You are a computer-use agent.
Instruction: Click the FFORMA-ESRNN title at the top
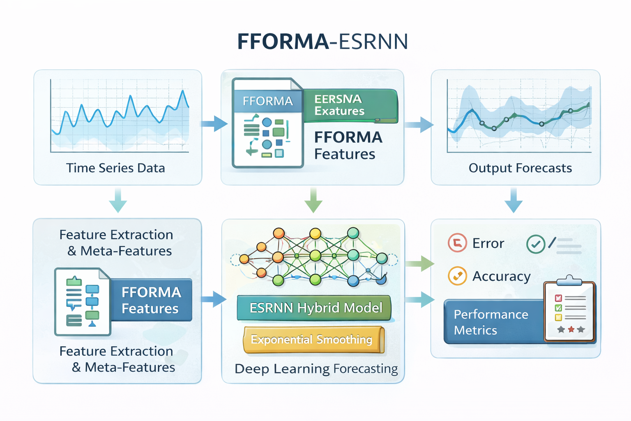pyautogui.click(x=322, y=42)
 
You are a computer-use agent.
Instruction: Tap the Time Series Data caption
pyautogui.click(x=115, y=168)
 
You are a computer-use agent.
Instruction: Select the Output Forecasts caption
pyautogui.click(x=520, y=168)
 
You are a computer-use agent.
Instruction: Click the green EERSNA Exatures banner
pyautogui.click(x=350, y=105)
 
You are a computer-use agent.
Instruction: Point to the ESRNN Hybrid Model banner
pyautogui.click(x=315, y=308)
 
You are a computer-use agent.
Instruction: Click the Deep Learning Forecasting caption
pyautogui.click(x=316, y=369)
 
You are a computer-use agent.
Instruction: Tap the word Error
pyautogui.click(x=488, y=243)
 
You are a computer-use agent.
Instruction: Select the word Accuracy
pyautogui.click(x=501, y=276)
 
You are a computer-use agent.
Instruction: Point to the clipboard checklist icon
pyautogui.click(x=569, y=310)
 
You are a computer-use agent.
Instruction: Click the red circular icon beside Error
pyautogui.click(x=457, y=243)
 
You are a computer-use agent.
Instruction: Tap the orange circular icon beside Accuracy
pyautogui.click(x=457, y=276)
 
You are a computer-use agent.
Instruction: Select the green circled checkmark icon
pyautogui.click(x=536, y=244)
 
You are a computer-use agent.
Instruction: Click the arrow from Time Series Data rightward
pyautogui.click(x=214, y=123)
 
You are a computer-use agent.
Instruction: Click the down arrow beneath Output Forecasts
pyautogui.click(x=514, y=200)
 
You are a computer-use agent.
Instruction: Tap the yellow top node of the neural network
pyautogui.click(x=315, y=234)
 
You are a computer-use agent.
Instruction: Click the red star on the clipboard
pyautogui.click(x=571, y=329)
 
